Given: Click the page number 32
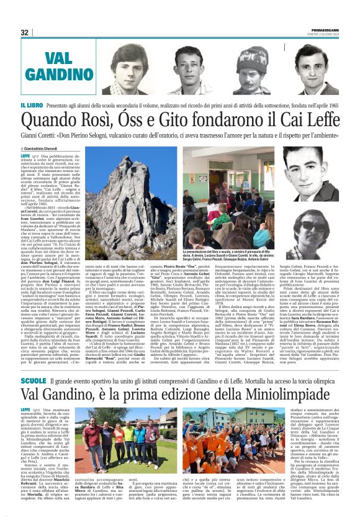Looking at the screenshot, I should [25, 32].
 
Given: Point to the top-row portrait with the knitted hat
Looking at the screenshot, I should [244, 68].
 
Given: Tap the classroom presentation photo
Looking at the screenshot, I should [230, 185].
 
